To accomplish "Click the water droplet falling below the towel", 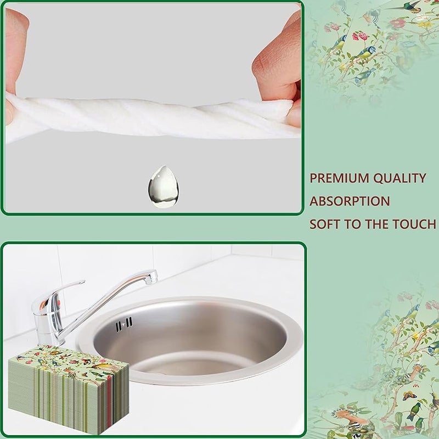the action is tap(163, 187).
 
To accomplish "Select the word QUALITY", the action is tap(400, 178).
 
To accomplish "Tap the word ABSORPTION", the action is tap(350, 201).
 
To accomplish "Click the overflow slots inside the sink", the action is tap(125, 324).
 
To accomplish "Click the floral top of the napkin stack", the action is tap(68, 361).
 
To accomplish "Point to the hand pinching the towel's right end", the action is tap(279, 70).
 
